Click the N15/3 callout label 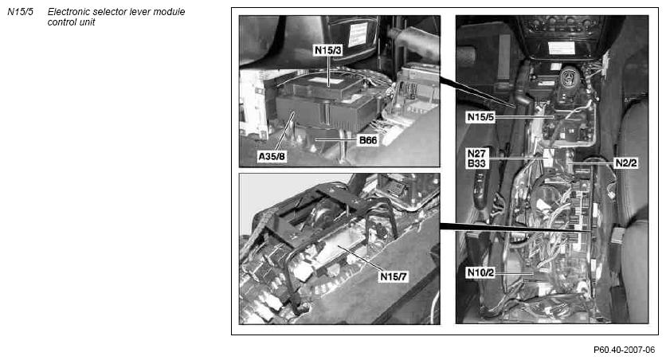(x=328, y=50)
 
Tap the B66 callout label (x=368, y=140)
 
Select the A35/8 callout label (x=272, y=157)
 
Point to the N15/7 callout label (x=394, y=276)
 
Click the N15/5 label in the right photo (x=481, y=117)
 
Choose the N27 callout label (x=476, y=153)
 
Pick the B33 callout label (x=476, y=163)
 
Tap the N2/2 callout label (x=626, y=163)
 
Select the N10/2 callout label (x=480, y=272)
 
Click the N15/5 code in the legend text (x=21, y=12)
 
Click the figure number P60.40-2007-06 (x=625, y=350)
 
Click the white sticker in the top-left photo (x=358, y=35)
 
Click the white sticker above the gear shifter (x=561, y=48)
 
